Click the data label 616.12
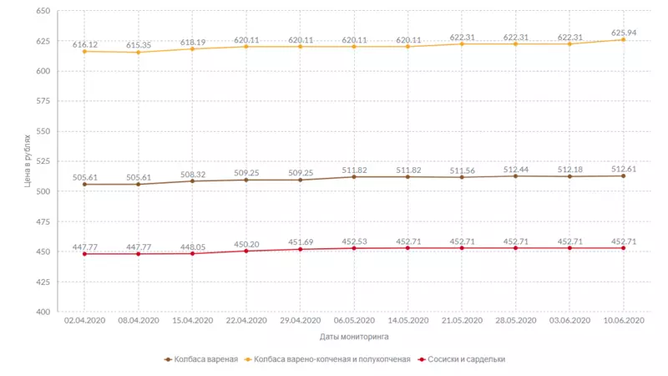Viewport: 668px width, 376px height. coord(84,44)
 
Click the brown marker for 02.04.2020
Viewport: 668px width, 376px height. coord(84,184)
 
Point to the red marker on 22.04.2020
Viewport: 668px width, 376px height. coord(245,251)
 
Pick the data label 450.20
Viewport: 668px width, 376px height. coord(245,244)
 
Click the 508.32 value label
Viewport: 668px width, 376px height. coord(192,174)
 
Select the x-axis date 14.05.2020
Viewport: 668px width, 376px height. coord(407,319)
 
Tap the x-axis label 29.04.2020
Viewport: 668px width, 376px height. coord(300,319)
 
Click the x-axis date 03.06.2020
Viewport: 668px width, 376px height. coord(569,319)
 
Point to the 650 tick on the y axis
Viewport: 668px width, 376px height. coord(43,11)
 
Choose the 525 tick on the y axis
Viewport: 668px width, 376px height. coord(43,161)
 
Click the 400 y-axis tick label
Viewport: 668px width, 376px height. coord(43,312)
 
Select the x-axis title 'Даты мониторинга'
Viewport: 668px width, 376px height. coord(353,337)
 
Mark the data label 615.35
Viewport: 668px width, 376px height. coord(139,45)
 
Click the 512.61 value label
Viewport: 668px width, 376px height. coord(623,169)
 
